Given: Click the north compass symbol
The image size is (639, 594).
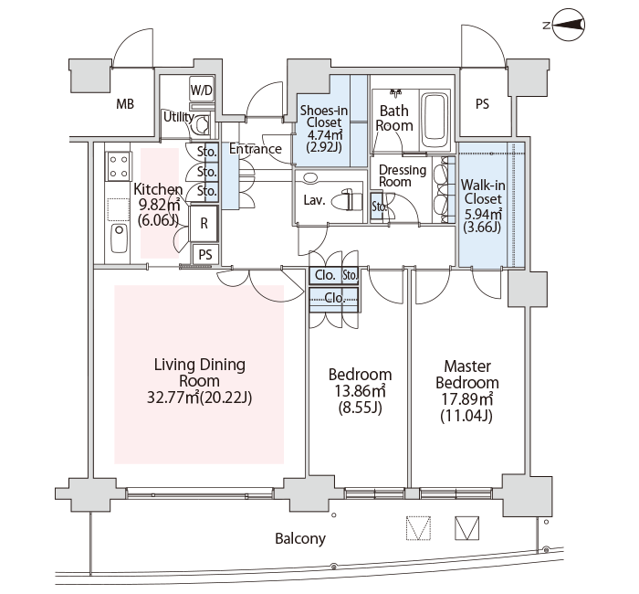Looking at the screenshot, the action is point(566,26).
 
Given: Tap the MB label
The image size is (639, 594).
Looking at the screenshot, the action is point(125,104).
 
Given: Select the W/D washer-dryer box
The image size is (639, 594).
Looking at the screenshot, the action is point(202,90).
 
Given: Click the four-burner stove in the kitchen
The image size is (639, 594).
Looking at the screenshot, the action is point(119,166).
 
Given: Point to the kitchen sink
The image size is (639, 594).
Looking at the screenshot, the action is point(119,239).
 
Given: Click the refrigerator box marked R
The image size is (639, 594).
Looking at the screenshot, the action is point(204,224).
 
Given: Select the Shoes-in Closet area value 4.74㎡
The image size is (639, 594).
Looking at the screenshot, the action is point(324,134).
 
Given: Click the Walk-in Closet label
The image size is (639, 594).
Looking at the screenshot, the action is point(483,192).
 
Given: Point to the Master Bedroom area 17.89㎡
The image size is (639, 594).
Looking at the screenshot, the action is point(467,398).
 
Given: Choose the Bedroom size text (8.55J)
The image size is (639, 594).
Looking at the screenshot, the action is point(361,408).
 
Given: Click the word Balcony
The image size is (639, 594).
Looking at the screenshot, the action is point(300,538).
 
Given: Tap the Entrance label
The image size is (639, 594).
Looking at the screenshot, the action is point(255,148).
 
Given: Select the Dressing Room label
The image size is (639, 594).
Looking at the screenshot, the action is point(403,175).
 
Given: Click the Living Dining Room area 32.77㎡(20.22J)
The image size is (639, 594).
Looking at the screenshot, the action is point(199,397).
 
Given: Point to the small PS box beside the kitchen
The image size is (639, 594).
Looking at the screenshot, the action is point(205,255).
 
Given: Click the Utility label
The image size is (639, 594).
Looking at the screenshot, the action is point(178,117).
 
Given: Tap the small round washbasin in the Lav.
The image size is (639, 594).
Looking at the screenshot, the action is point(310,178).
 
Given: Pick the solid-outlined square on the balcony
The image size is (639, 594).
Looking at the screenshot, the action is point(467,528).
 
